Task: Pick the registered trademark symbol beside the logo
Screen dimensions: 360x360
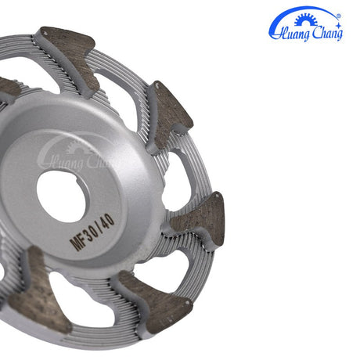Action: coord(339,13)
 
